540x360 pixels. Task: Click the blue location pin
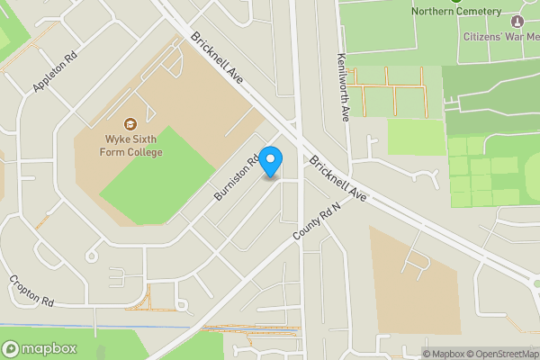[x=271, y=160]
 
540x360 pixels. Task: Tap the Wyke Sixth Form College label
[x=131, y=146]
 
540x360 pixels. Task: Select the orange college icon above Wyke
[x=130, y=123]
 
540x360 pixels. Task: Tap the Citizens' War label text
[x=499, y=37]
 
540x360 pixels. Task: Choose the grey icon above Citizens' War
[x=517, y=21]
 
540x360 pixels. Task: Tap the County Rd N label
[x=318, y=220]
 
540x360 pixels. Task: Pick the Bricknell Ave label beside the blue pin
[x=338, y=180]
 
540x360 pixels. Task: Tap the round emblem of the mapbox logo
[x=12, y=348]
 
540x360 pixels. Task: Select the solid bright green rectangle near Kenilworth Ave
[x=416, y=137]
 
